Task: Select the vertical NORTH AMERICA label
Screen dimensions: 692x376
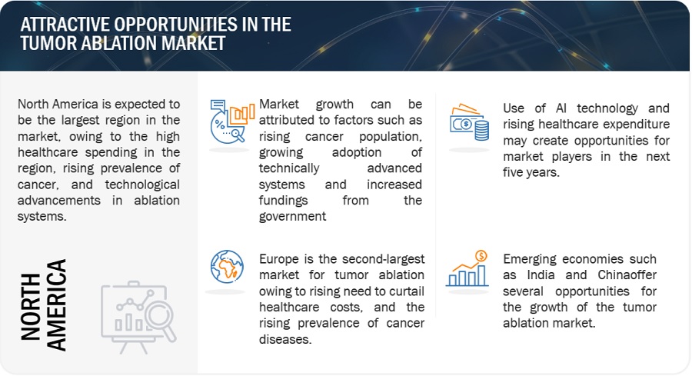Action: pyautogui.click(x=43, y=305)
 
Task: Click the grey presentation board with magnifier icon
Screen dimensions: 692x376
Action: pyautogui.click(x=138, y=317)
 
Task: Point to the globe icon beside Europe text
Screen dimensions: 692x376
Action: pyautogui.click(x=227, y=267)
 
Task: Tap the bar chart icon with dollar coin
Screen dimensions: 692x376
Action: pyautogui.click(x=467, y=268)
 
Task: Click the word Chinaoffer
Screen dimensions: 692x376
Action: pyautogui.click(x=627, y=275)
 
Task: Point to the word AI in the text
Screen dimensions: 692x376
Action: pyautogui.click(x=561, y=108)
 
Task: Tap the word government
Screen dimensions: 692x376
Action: pyautogui.click(x=293, y=217)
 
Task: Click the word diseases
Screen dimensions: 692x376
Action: pyautogui.click(x=285, y=339)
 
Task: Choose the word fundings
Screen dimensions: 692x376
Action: pyautogui.click(x=283, y=201)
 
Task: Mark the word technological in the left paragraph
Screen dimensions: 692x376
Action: pyautogui.click(x=142, y=185)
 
